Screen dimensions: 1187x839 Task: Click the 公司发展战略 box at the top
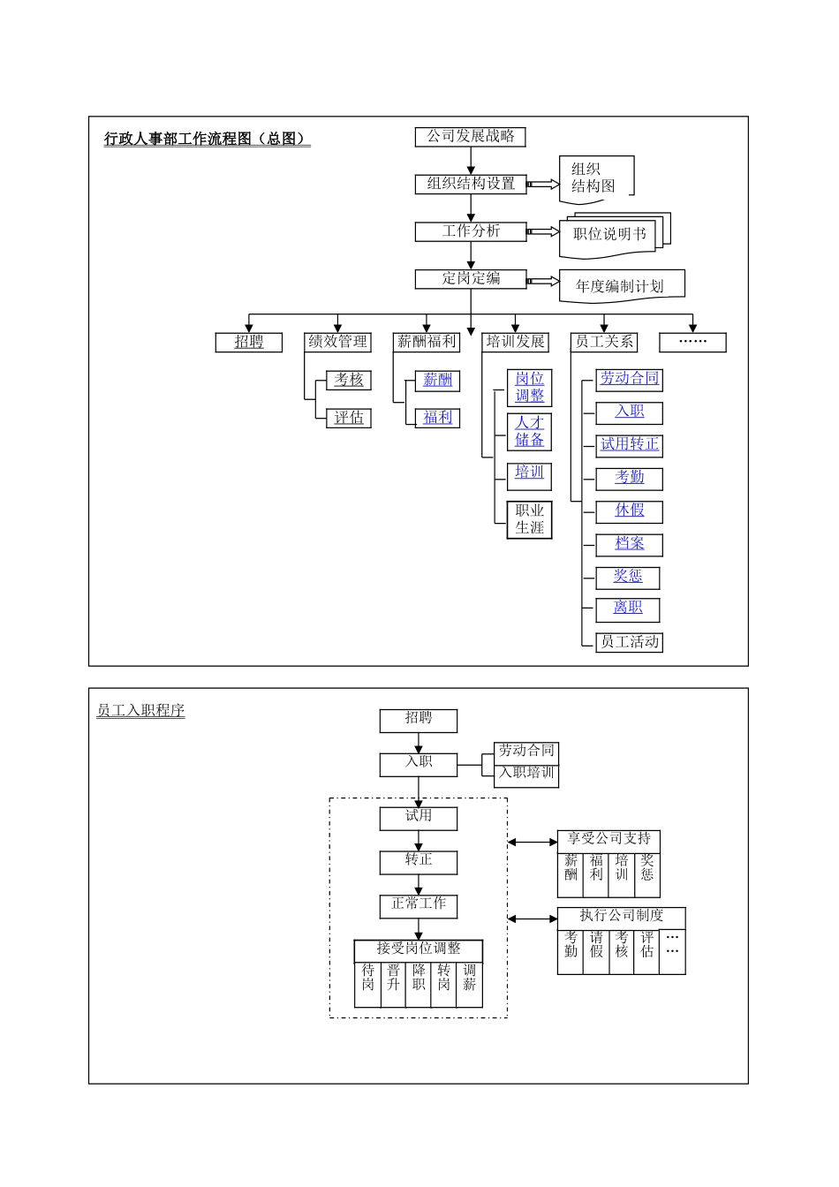click(471, 137)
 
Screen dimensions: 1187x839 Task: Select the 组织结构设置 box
click(471, 184)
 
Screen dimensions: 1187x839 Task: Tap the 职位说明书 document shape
click(609, 235)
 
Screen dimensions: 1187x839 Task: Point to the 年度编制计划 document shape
click(620, 286)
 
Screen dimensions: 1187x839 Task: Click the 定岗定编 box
click(471, 279)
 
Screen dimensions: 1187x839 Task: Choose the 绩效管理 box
click(337, 342)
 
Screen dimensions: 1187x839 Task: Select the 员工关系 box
click(604, 342)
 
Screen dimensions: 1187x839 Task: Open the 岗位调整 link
click(530, 388)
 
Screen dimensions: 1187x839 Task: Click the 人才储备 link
click(530, 432)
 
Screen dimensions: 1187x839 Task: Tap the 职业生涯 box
click(530, 519)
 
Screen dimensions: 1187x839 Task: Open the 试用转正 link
click(630, 445)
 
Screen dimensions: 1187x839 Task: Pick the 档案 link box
click(630, 544)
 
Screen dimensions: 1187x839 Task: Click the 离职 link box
click(628, 609)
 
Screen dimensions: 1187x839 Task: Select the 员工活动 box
click(630, 642)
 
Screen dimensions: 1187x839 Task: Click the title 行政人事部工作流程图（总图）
click(207, 139)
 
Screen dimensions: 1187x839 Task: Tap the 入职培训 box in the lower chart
click(526, 774)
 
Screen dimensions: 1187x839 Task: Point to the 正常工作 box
click(419, 905)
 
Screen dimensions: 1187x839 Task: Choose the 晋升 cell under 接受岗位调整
click(393, 979)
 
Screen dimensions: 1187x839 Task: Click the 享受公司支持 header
click(608, 840)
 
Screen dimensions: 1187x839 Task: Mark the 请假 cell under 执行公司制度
click(596, 945)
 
